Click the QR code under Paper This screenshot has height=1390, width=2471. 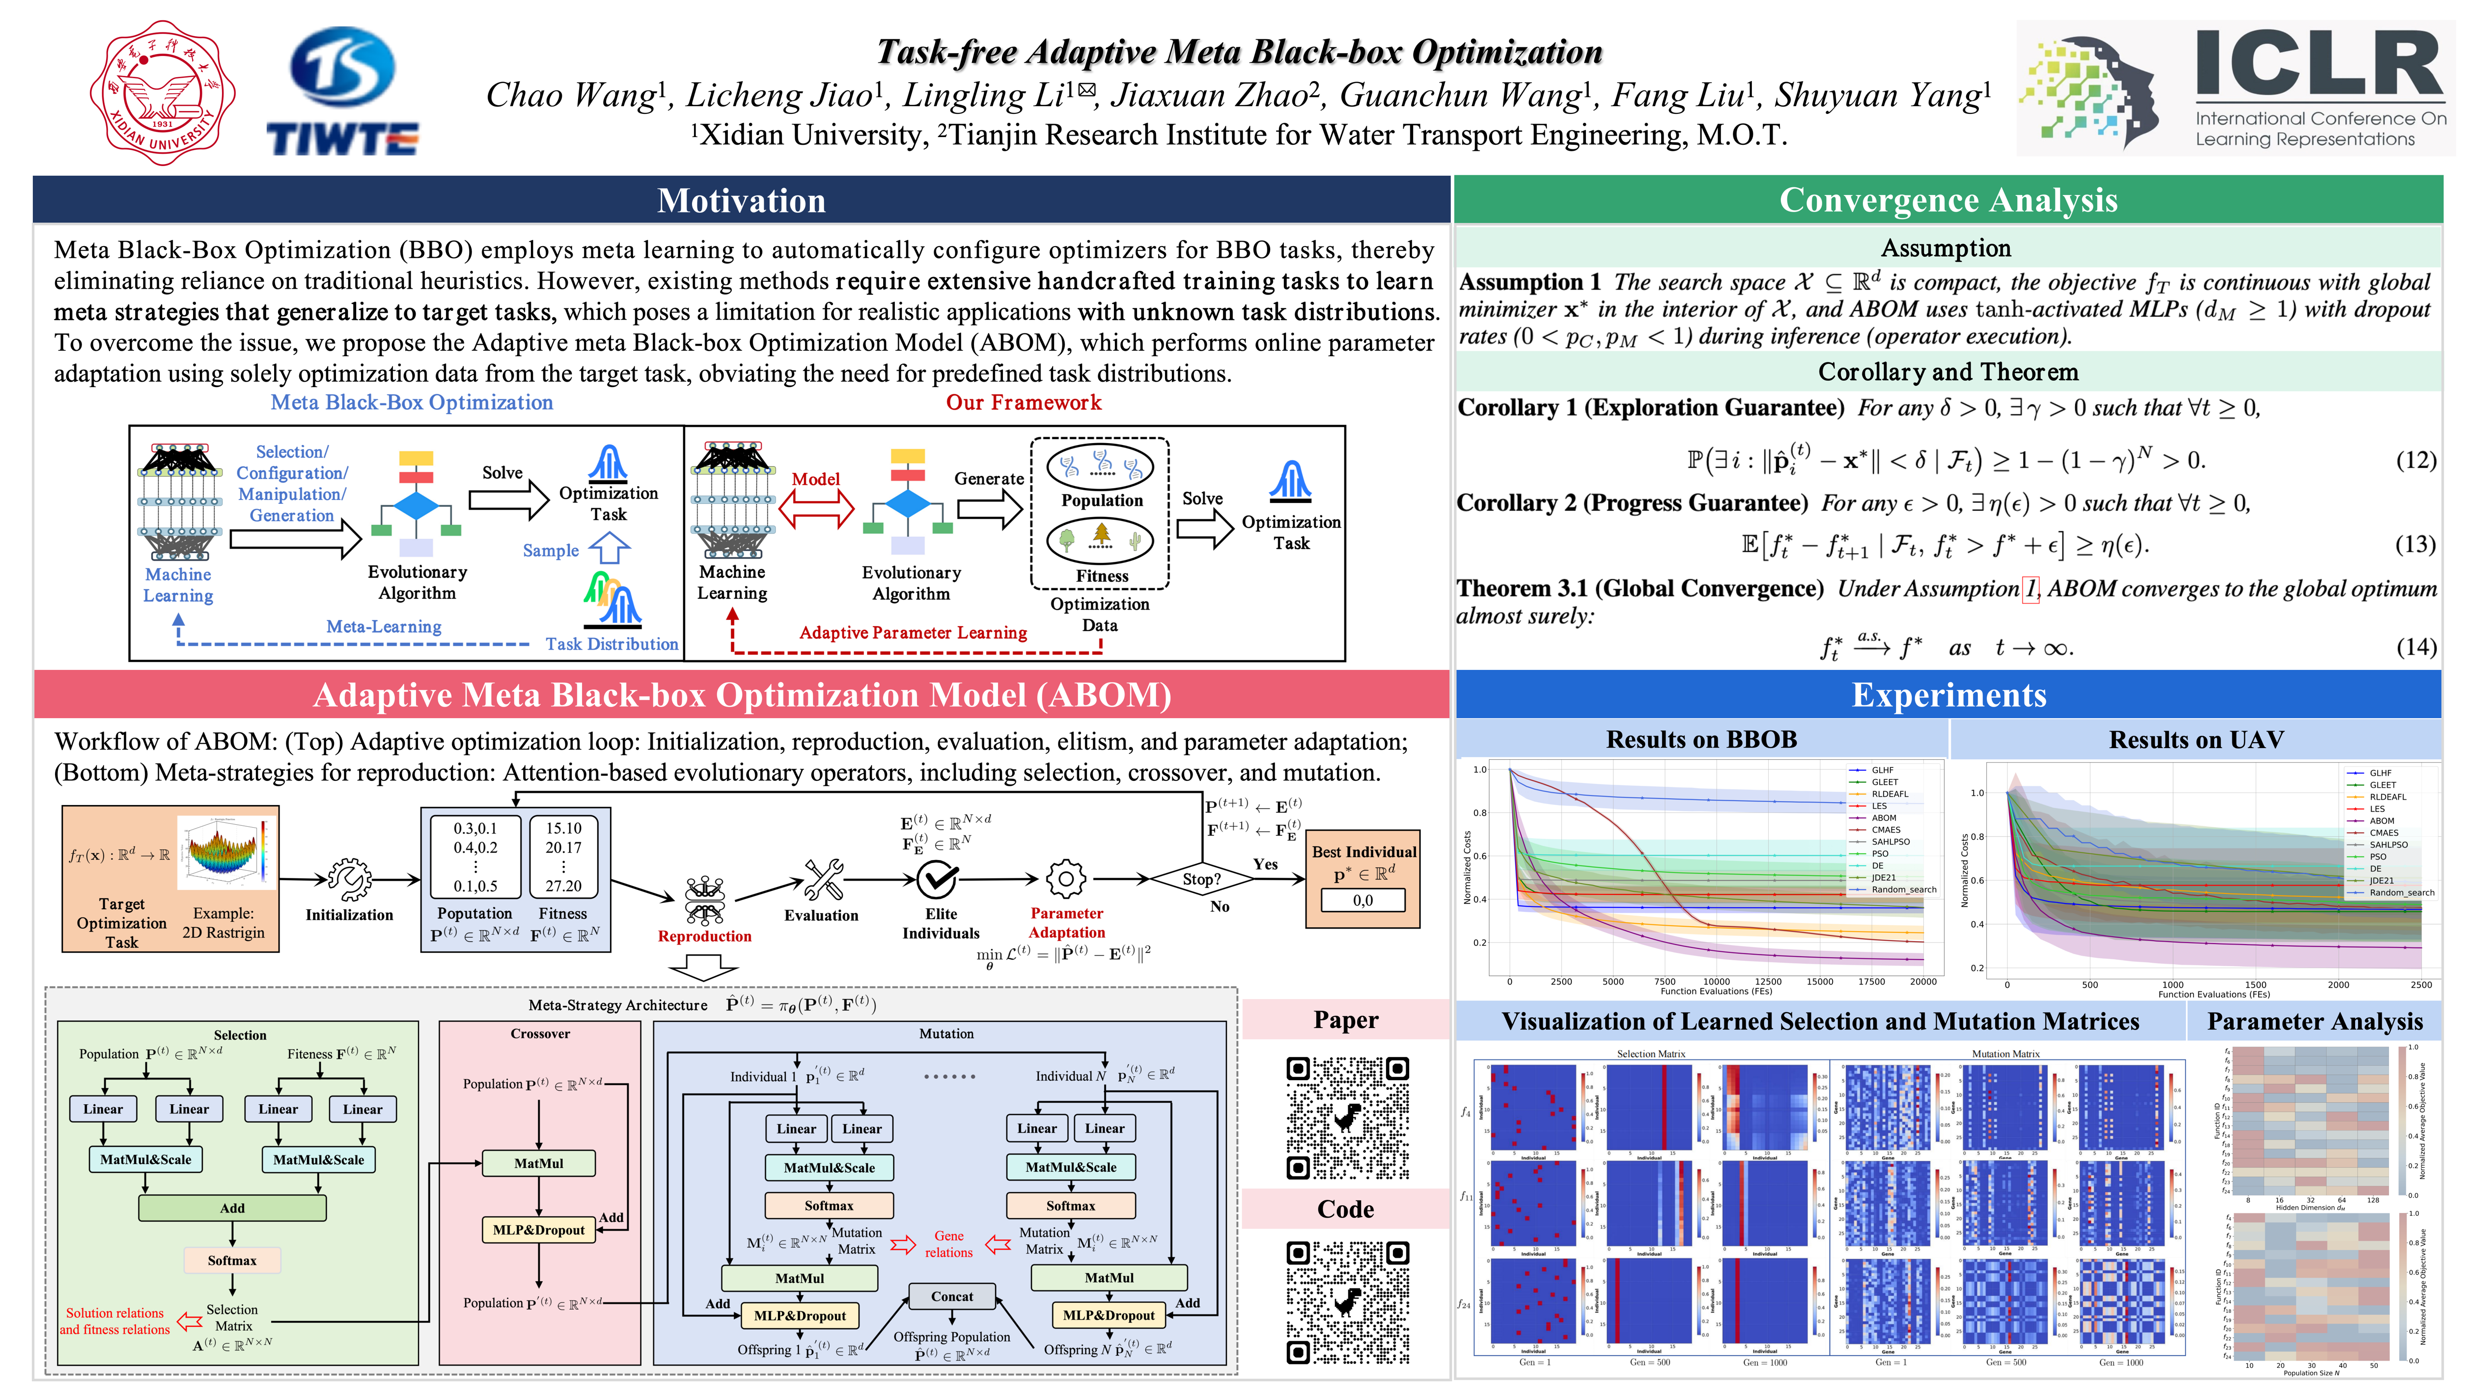click(x=1347, y=1118)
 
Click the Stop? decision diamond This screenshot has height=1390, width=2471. click(x=1201, y=879)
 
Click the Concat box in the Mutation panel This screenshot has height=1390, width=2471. click(x=952, y=1296)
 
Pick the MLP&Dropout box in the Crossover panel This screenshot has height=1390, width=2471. click(x=538, y=1230)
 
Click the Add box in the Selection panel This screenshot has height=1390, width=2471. click(x=232, y=1208)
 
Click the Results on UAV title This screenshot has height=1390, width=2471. click(x=2196, y=739)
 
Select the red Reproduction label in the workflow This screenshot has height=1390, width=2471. click(x=704, y=936)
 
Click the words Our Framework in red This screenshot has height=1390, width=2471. click(x=1024, y=403)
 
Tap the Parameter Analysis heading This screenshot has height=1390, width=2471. click(x=2315, y=1022)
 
